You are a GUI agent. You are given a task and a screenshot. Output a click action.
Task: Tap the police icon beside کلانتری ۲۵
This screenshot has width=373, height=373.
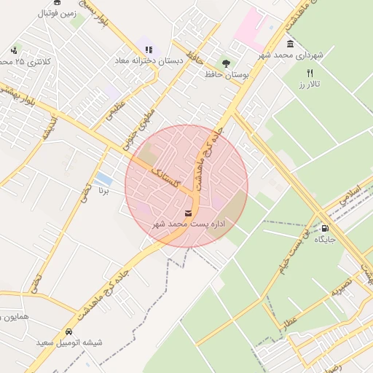[15, 50]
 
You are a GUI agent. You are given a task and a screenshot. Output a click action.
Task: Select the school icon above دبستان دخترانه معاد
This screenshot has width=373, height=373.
[149, 50]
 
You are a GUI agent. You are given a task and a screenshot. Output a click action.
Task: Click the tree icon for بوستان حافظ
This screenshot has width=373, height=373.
[226, 63]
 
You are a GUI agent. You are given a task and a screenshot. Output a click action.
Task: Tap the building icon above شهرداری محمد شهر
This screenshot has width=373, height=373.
[291, 44]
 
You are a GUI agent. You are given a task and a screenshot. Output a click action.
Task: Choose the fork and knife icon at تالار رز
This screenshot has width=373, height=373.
[310, 73]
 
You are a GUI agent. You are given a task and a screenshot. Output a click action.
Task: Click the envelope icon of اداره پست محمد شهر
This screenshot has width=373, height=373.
[189, 213]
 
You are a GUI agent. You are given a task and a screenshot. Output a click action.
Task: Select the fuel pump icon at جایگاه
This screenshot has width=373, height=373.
[324, 228]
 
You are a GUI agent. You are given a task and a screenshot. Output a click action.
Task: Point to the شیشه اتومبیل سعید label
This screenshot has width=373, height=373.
[70, 342]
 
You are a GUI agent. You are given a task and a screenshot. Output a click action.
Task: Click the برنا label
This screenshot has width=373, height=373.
[103, 192]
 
